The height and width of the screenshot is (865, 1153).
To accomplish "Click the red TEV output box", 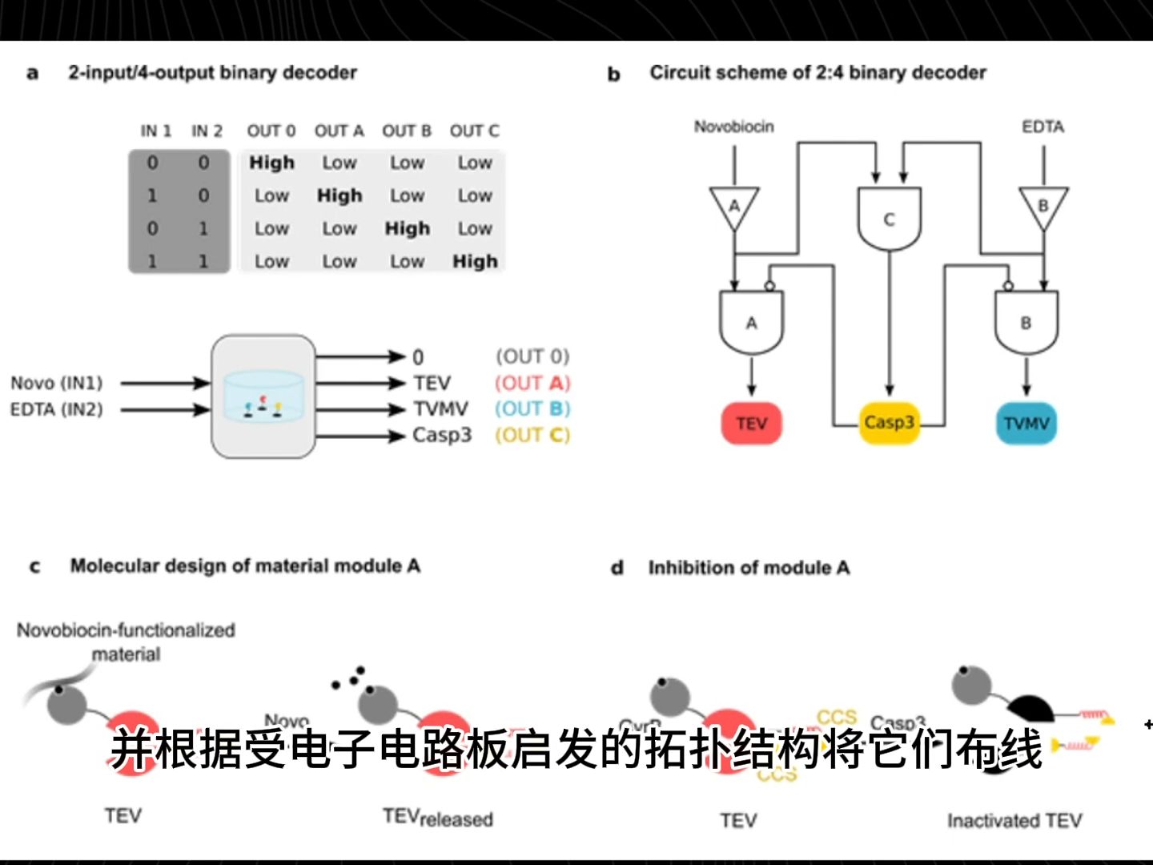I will tap(751, 423).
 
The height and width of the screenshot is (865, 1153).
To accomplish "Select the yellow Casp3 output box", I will tap(889, 422).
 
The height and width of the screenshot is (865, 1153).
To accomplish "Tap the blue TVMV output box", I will tap(1026, 423).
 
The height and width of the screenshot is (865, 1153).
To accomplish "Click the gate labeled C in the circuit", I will tap(889, 219).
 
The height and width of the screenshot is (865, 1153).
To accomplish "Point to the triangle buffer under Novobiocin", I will tap(733, 207).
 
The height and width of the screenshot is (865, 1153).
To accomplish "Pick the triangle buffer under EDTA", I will tap(1043, 207).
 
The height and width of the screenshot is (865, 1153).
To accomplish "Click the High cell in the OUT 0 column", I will tap(271, 163).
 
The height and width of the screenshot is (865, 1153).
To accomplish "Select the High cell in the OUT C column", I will tap(475, 261).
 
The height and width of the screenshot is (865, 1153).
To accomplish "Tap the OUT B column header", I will tap(407, 131).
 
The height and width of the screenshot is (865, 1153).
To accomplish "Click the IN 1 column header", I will tap(155, 131).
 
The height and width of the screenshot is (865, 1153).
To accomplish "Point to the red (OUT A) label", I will tap(532, 383).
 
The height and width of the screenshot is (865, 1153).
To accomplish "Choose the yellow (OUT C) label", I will tap(532, 435).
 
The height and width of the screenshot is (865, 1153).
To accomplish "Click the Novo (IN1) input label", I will tap(57, 383).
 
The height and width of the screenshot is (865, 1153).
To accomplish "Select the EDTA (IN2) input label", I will tap(57, 409).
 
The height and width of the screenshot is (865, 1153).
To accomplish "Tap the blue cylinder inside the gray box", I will tap(263, 396).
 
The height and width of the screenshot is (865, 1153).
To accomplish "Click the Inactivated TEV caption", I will tap(1014, 820).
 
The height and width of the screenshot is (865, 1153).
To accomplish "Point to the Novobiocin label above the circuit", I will tap(733, 127).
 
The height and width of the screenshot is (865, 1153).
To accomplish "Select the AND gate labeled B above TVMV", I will tap(1026, 322).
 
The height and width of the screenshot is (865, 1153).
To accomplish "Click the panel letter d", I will tap(617, 568).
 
